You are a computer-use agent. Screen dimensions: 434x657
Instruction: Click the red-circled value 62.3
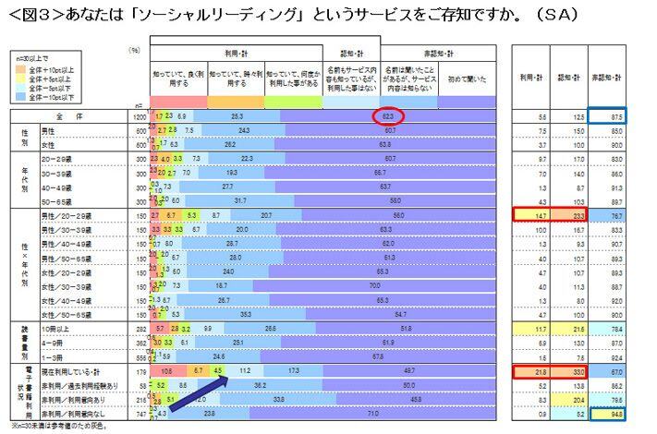coord(389,117)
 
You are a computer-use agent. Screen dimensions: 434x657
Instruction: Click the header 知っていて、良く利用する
coord(178,80)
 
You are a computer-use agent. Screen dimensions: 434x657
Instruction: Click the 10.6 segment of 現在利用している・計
coord(167,371)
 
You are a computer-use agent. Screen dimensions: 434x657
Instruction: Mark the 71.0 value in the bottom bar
coord(372,416)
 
